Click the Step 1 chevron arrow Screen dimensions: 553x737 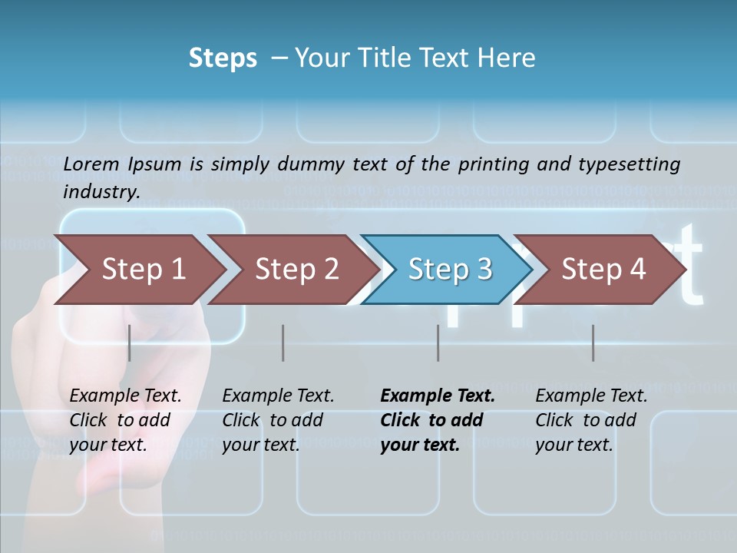(143, 269)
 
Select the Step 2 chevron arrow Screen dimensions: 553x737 (296, 269)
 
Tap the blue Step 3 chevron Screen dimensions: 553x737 (450, 269)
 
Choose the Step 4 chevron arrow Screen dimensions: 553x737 (603, 269)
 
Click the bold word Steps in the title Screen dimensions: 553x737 (223, 58)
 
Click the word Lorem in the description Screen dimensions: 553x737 (91, 164)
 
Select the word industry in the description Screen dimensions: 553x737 (101, 191)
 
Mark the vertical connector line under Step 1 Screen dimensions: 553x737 (130, 343)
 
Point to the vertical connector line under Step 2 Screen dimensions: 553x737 (283, 343)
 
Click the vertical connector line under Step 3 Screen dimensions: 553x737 (438, 343)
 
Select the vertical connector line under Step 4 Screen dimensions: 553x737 (593, 343)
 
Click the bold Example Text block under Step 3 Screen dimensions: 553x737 (437, 420)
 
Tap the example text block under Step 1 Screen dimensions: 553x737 (125, 420)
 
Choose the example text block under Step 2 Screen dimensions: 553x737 (278, 420)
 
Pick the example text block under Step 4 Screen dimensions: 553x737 (591, 420)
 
